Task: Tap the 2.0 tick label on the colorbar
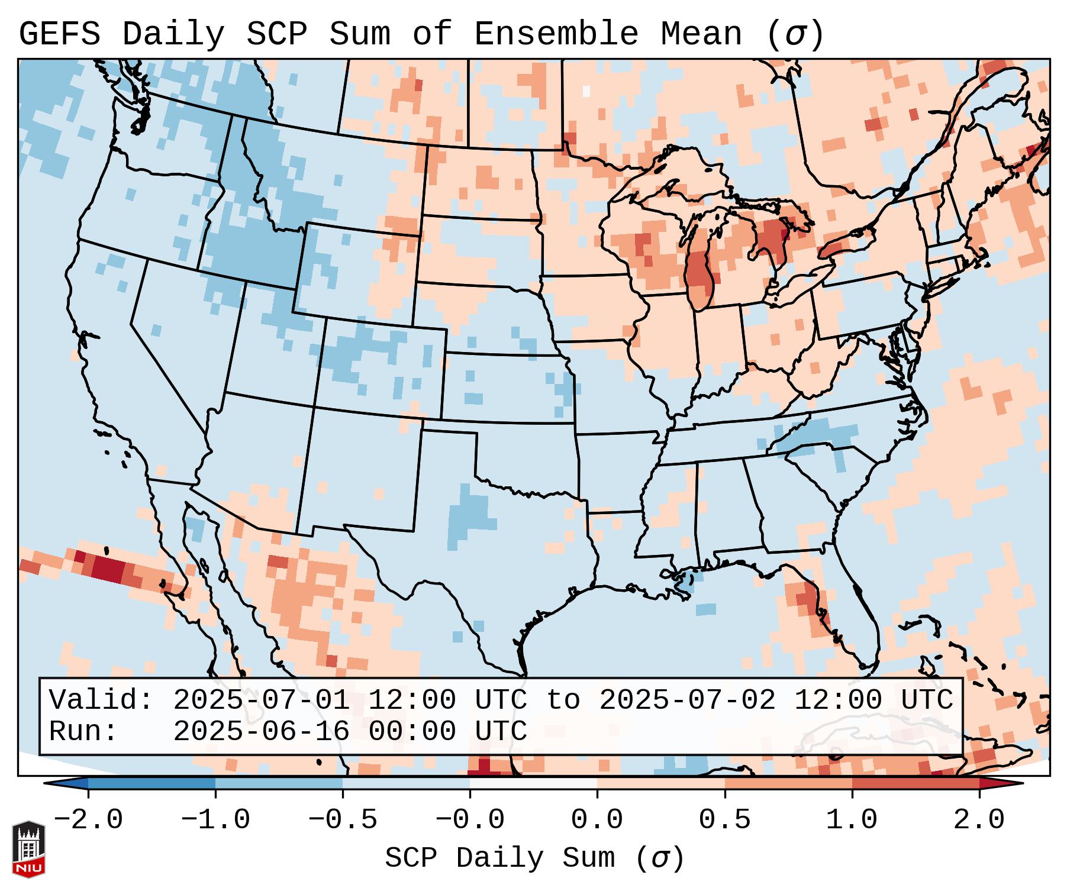(x=979, y=819)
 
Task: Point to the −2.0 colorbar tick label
(x=88, y=819)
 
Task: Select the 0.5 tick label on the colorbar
(x=724, y=819)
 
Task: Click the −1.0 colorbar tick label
(x=215, y=819)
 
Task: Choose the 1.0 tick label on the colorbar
(x=852, y=819)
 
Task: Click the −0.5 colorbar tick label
(x=343, y=819)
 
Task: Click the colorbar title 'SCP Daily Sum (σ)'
(x=534, y=858)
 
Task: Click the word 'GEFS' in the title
(x=59, y=34)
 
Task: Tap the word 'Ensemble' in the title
(x=556, y=34)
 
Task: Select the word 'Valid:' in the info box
(x=101, y=700)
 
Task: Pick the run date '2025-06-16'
(x=261, y=731)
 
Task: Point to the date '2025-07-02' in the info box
(x=687, y=700)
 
